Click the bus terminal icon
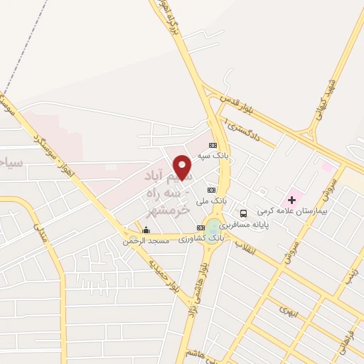click(244, 213)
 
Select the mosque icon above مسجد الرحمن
click(146, 230)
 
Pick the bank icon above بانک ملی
click(211, 191)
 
